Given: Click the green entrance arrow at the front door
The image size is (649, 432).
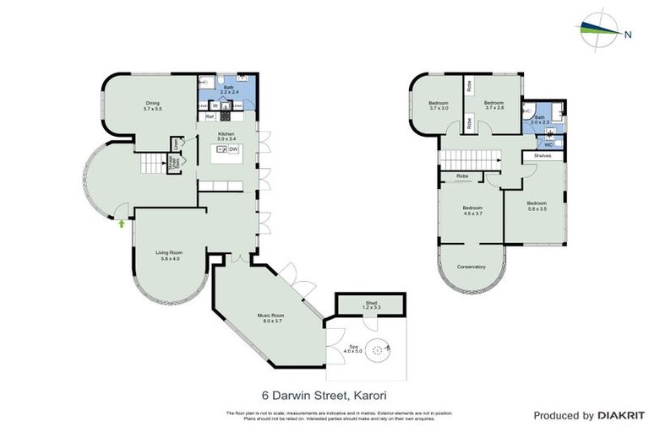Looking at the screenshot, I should click(x=122, y=224).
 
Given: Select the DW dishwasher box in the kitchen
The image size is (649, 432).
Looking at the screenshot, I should click(x=233, y=149).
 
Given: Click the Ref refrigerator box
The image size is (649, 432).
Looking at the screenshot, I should click(x=208, y=116).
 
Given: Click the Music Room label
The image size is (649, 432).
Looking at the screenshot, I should click(x=270, y=318).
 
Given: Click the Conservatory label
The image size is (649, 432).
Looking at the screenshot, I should click(x=471, y=267).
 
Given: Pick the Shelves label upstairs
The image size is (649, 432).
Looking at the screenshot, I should click(x=542, y=156).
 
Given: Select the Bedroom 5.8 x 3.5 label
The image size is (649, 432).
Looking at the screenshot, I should click(x=537, y=205).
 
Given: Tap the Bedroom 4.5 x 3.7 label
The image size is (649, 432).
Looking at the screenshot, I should click(x=472, y=211).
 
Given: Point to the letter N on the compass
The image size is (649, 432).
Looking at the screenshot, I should click(x=627, y=35).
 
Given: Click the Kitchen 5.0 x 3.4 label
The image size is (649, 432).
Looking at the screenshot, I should click(x=226, y=137).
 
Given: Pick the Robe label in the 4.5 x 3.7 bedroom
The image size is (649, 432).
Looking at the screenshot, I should click(x=462, y=176).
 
